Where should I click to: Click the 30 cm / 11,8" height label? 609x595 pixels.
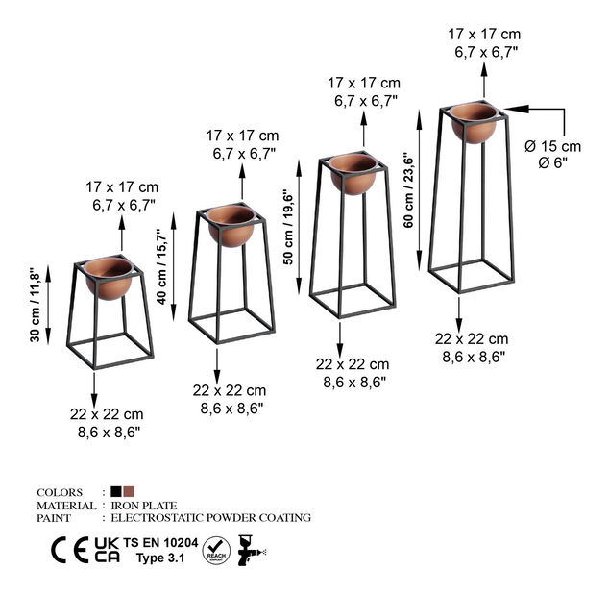click(35, 305)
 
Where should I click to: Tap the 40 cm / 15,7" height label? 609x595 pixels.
click(161, 266)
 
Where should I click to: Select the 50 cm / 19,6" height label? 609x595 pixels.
click(288, 227)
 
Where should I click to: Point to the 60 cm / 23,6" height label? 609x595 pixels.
click(409, 189)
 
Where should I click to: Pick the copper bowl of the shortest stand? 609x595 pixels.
click(110, 278)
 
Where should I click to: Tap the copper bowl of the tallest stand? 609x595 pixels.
click(474, 122)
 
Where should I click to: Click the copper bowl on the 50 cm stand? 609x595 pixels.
click(353, 174)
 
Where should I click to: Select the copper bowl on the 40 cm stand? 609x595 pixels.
click(231, 226)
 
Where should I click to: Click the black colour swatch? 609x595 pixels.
click(116, 491)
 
